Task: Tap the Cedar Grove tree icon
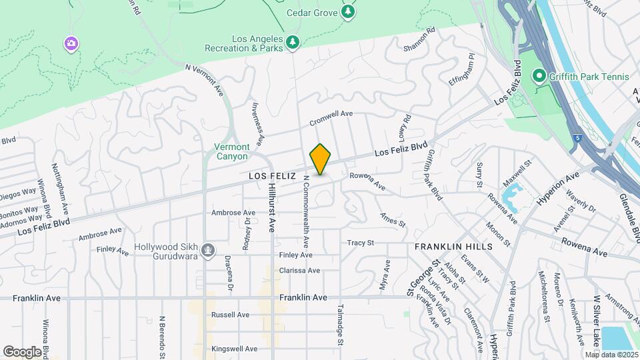click(x=347, y=11)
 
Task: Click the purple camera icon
click(x=71, y=44)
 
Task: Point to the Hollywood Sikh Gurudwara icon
click(x=209, y=251)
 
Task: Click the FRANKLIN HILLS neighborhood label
click(x=453, y=247)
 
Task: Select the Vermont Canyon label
click(x=232, y=151)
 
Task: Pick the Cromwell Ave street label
click(x=331, y=118)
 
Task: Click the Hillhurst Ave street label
click(x=271, y=207)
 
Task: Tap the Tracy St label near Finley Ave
click(x=360, y=243)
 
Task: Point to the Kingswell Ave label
click(x=234, y=349)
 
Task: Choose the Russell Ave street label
click(x=230, y=315)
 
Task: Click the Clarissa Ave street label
click(x=300, y=271)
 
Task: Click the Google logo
click(x=22, y=351)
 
